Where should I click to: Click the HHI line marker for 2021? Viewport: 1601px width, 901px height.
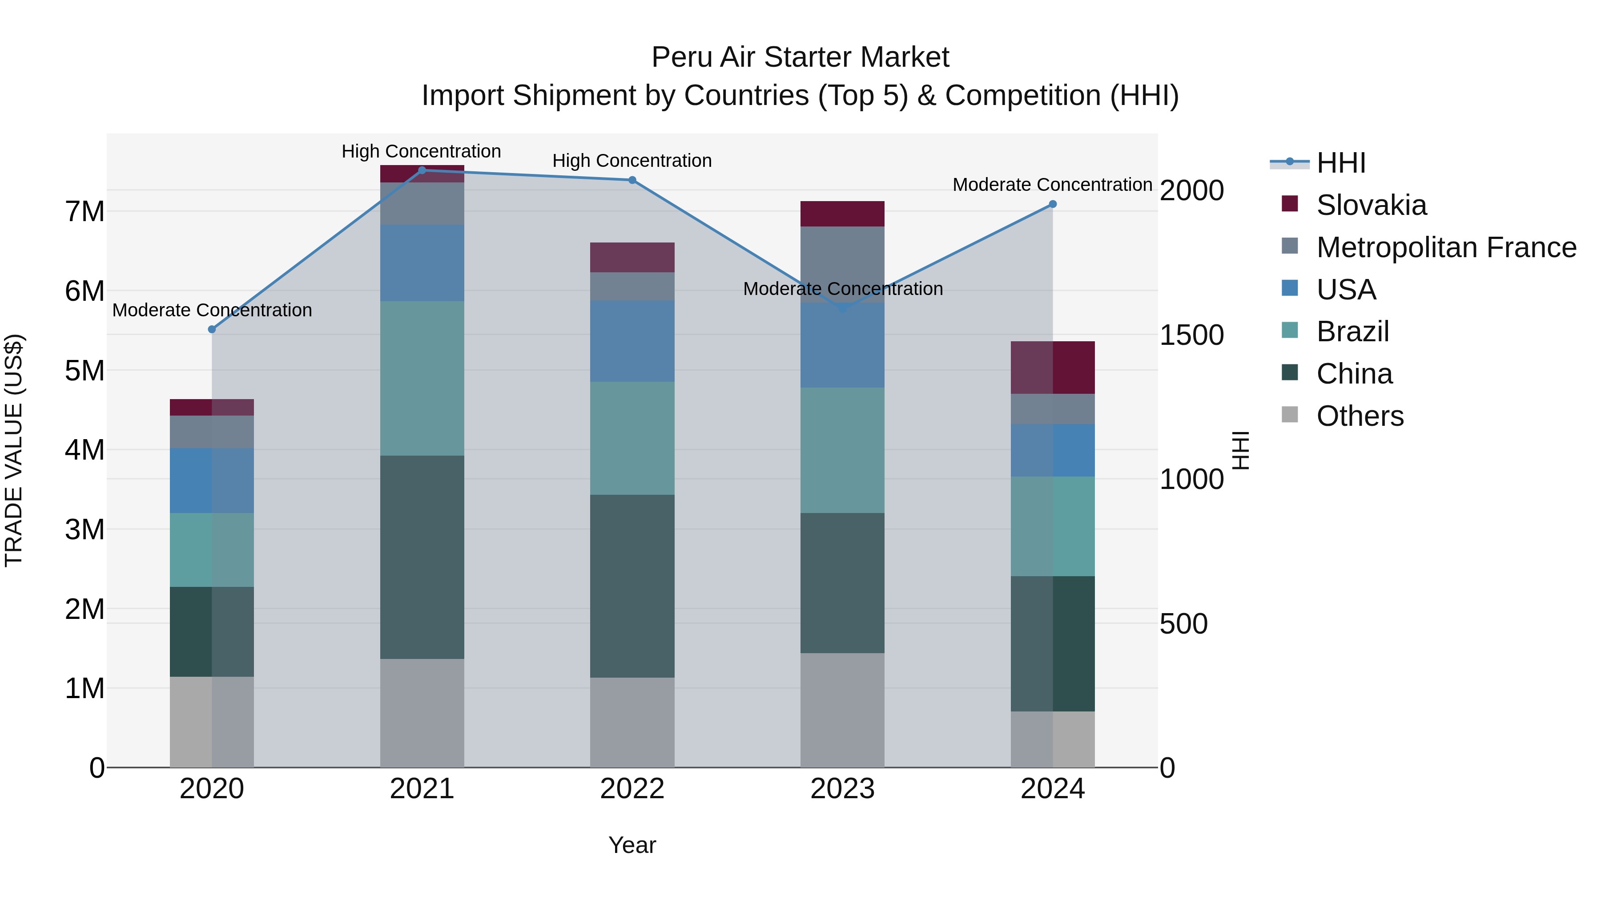click(422, 170)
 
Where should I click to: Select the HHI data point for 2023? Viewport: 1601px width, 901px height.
click(843, 308)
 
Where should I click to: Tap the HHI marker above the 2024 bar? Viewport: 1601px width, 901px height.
click(1052, 204)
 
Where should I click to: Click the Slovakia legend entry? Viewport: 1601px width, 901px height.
click(1371, 205)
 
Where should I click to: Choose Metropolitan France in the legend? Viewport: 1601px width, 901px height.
click(1446, 247)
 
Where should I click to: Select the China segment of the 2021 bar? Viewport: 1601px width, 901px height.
click(422, 557)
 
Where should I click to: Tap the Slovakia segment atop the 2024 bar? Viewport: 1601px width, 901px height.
click(1052, 367)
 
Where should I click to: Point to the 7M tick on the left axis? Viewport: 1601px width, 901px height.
click(84, 211)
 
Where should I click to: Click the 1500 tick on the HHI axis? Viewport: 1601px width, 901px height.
click(1191, 335)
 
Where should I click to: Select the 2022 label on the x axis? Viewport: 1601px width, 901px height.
click(632, 789)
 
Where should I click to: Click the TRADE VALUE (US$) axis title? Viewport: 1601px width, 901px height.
click(14, 450)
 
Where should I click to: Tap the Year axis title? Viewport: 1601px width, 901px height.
click(632, 845)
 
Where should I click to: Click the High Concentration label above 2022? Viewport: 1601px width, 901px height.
click(632, 161)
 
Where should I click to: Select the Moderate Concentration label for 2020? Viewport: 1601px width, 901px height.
click(212, 310)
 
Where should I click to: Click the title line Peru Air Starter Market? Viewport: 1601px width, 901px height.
click(800, 57)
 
